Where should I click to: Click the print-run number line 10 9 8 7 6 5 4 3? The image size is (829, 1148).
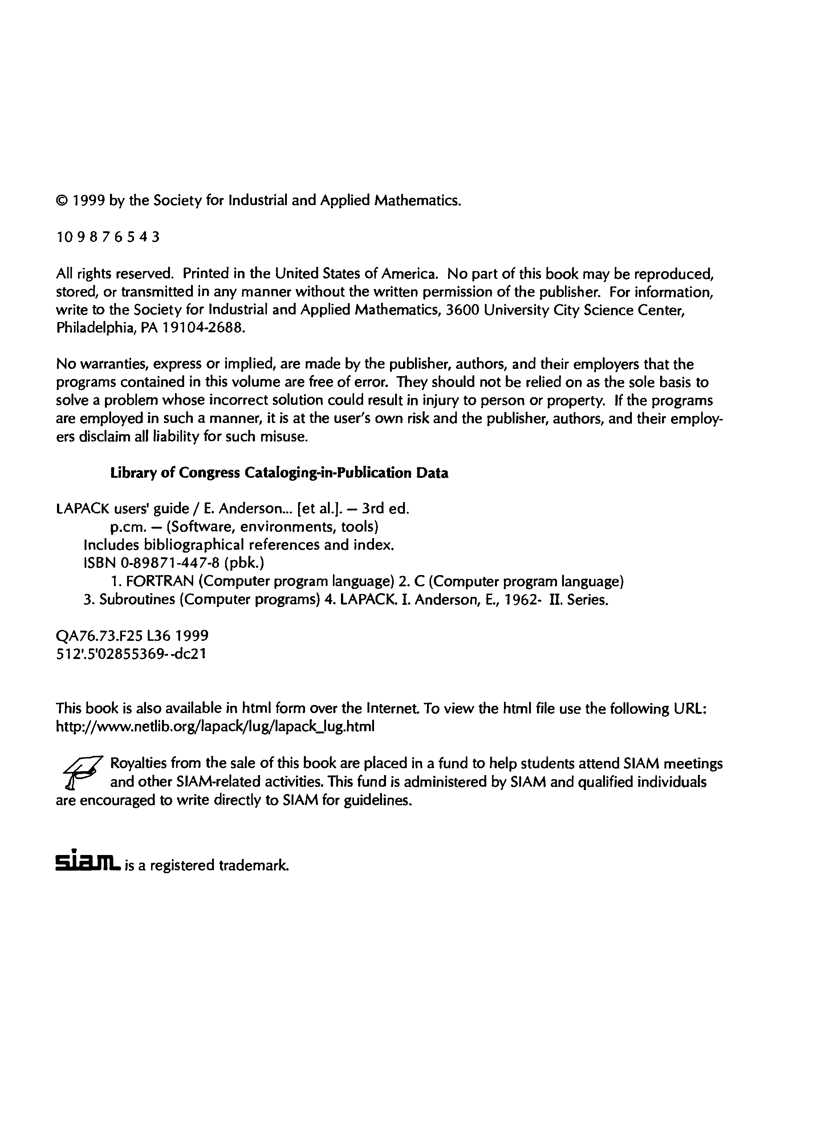pyautogui.click(x=108, y=237)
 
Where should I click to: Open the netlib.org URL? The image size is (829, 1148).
pyautogui.click(x=215, y=726)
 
